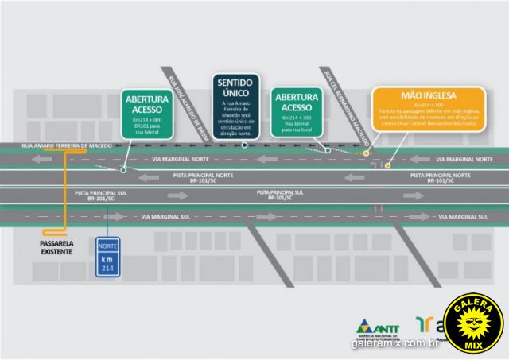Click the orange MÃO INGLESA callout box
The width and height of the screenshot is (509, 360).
(428, 109)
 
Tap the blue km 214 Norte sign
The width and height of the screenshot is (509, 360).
(107, 257)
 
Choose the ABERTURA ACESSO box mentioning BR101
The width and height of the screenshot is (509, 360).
(146, 112)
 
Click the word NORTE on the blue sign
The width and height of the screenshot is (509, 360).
(107, 246)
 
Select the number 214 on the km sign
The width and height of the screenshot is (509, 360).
(107, 269)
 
